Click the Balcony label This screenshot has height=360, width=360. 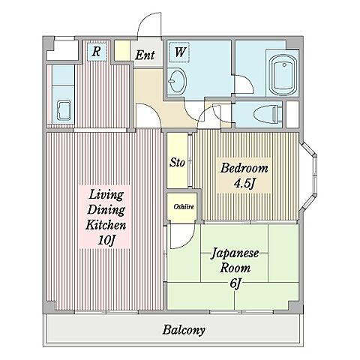pos(184,330)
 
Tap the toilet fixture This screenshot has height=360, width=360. pos(266,114)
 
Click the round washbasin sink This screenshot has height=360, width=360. pos(177,81)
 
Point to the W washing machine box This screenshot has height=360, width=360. pos(178,52)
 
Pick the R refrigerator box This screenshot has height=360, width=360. pos(96,51)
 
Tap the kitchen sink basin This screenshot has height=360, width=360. pos(64,110)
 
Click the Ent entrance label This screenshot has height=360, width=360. pos(145,55)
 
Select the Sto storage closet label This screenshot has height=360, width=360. pos(177,163)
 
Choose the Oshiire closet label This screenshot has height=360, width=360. pos(184,207)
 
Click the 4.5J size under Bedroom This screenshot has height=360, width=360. pos(244,184)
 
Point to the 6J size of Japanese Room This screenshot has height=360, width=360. pos(235,283)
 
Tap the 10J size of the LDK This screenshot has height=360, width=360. pos(106,241)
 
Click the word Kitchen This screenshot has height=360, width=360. pos(106,225)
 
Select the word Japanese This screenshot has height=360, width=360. pos(235,254)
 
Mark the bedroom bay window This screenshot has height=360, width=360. pos(310,176)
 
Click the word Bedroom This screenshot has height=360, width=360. pos(244,168)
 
